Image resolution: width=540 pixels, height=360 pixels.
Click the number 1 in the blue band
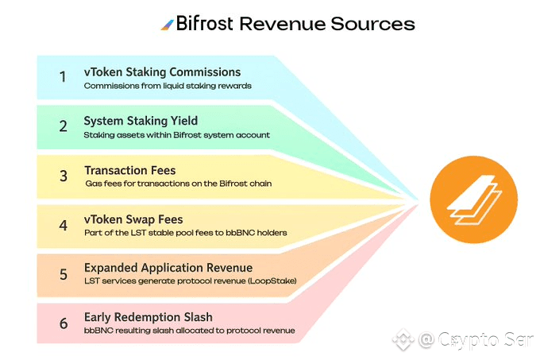click(63, 77)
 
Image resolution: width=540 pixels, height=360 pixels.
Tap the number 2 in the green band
click(63, 126)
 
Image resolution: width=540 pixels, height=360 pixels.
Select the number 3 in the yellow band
click(63, 176)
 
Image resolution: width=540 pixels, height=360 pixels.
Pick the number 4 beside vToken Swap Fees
click(63, 225)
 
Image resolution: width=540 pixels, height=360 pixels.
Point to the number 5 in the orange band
click(63, 273)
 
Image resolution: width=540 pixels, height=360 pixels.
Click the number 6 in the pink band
click(63, 323)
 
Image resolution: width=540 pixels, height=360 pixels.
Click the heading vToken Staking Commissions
click(162, 72)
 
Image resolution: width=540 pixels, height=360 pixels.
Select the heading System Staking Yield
click(141, 122)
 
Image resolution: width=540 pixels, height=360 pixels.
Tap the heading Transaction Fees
click(130, 170)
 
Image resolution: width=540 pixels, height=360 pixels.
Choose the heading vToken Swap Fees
click(133, 219)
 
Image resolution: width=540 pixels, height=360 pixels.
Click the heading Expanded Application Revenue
click(168, 268)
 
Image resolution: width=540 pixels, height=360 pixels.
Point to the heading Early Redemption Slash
click(149, 317)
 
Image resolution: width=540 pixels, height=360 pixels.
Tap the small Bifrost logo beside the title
click(167, 24)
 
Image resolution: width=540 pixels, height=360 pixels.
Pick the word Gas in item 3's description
click(94, 183)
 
